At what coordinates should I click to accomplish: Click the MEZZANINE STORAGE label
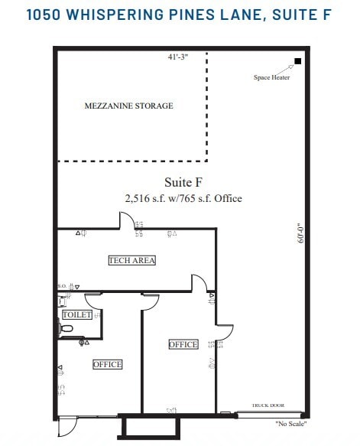coord(128,106)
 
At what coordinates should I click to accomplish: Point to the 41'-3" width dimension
coord(179,57)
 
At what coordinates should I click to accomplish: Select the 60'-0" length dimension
coord(301,233)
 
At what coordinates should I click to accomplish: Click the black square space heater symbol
coord(297,61)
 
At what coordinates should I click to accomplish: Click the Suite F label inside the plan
coord(183,182)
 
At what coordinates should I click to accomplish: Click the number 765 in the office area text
coord(198,198)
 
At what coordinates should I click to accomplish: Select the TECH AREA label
coord(132,260)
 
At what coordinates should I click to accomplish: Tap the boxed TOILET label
coord(77,314)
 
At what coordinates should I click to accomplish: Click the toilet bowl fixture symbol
coord(66,329)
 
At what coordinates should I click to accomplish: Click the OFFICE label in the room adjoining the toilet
coord(107,364)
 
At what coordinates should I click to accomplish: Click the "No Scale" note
coord(292,423)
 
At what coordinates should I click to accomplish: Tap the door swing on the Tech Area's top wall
coord(125,221)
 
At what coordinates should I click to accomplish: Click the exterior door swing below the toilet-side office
coord(67,425)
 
